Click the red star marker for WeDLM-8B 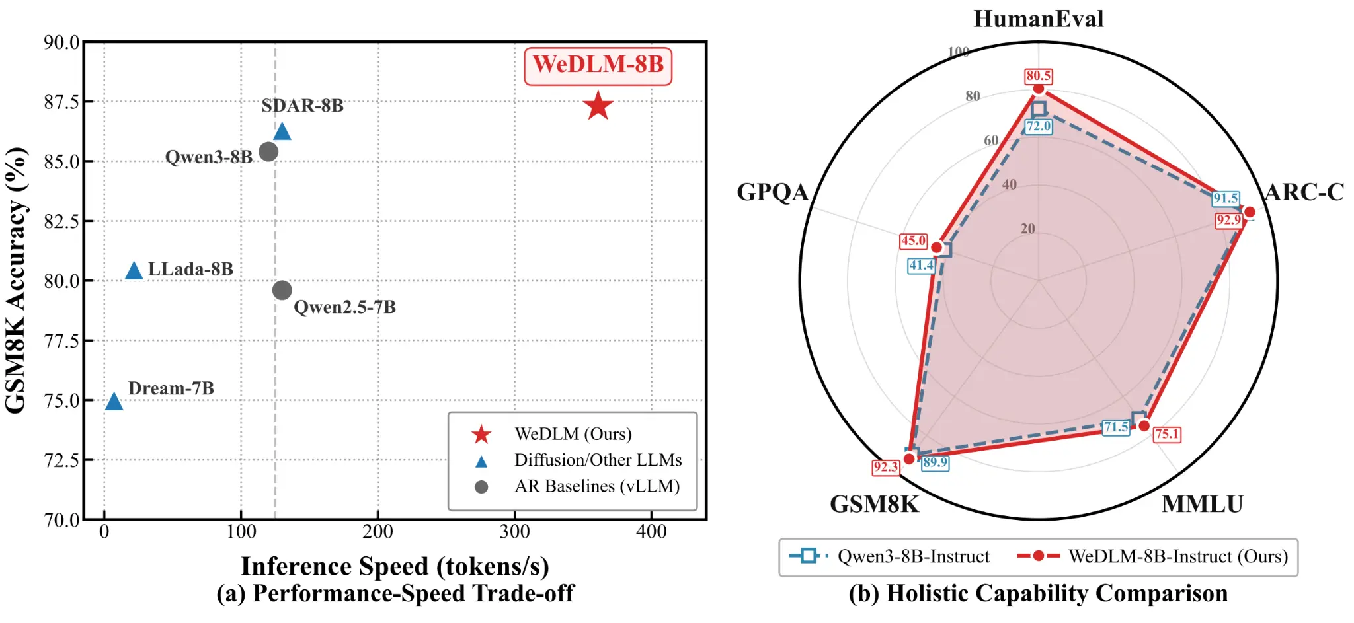click(x=598, y=106)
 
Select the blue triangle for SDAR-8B click(x=282, y=131)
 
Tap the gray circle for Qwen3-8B click(x=268, y=152)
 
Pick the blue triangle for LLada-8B click(x=134, y=271)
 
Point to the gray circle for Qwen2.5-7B click(x=282, y=290)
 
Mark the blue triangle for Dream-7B click(x=114, y=401)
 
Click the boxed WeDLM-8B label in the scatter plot click(x=598, y=65)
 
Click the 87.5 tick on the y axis click(x=61, y=102)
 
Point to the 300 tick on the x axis click(x=514, y=532)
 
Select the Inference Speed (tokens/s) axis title click(x=395, y=566)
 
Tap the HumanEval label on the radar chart click(x=1038, y=19)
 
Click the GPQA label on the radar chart click(x=772, y=192)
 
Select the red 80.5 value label click(x=1039, y=76)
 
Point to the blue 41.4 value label click(x=921, y=266)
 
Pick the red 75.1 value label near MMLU click(x=1167, y=434)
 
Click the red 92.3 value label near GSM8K click(x=885, y=468)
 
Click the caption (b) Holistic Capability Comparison click(x=1038, y=593)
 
